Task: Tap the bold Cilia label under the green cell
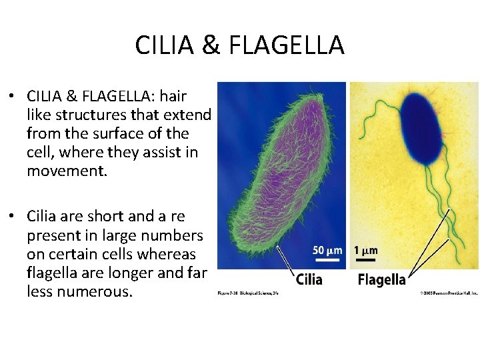[309, 279]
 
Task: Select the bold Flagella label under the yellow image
[381, 279]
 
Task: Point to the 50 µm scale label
[327, 251]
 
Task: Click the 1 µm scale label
[366, 251]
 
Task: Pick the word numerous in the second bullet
[95, 292]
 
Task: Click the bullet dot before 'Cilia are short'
[13, 217]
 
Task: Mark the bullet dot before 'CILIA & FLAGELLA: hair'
[13, 96]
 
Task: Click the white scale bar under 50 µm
[327, 260]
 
